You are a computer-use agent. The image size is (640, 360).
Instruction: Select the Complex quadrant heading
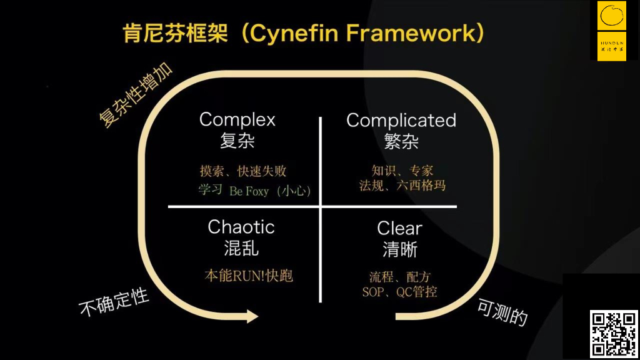pyautogui.click(x=237, y=119)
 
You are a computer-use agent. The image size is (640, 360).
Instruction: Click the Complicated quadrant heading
pyautogui.click(x=401, y=120)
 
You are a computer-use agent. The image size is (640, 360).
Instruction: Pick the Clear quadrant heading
pyautogui.click(x=399, y=228)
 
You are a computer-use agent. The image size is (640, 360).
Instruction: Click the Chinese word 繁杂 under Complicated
pyautogui.click(x=401, y=141)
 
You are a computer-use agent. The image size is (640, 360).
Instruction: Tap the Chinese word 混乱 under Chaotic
pyautogui.click(x=241, y=248)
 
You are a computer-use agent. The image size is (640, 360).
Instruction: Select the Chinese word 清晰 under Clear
pyautogui.click(x=399, y=249)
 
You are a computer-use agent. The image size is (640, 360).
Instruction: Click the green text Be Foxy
pyautogui.click(x=249, y=191)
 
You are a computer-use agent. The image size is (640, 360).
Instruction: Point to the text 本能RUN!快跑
pyautogui.click(x=249, y=276)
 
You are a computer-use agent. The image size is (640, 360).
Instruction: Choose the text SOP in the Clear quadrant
pyautogui.click(x=373, y=291)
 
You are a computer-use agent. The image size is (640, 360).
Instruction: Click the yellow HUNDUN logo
pyautogui.click(x=611, y=31)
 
